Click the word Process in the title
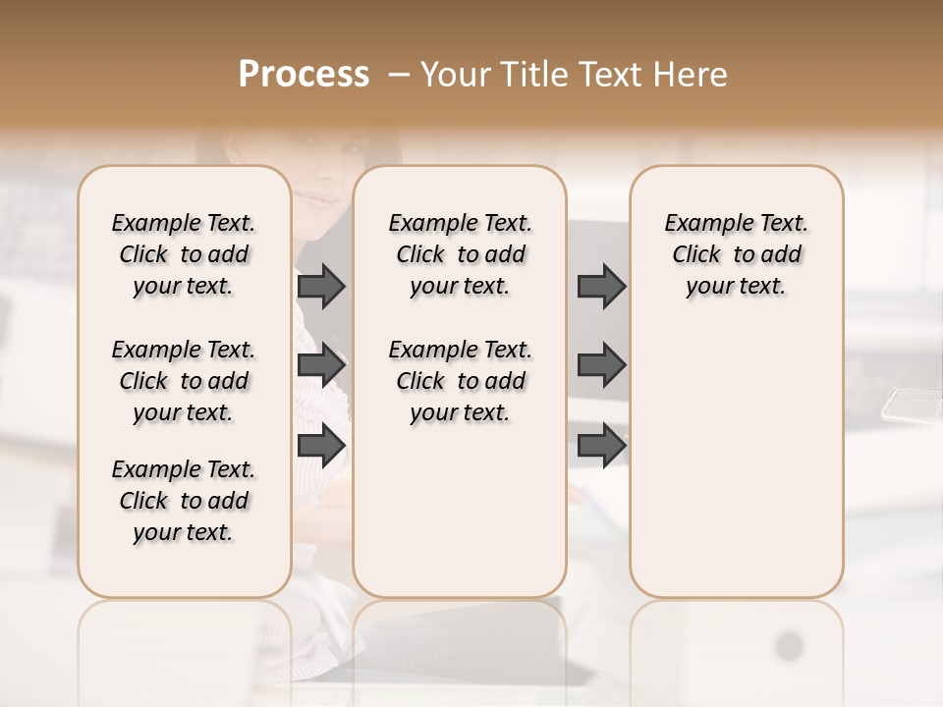click(304, 75)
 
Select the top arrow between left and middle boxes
click(321, 286)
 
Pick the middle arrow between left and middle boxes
click(321, 365)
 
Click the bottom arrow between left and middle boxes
click(321, 445)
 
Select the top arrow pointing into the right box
click(601, 286)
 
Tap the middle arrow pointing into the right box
click(601, 365)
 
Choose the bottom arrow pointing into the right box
click(601, 445)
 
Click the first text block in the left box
click(184, 254)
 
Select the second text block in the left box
click(184, 381)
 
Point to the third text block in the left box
click(184, 501)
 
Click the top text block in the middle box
click(460, 254)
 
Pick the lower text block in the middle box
click(460, 381)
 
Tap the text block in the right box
click(736, 254)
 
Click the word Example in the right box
click(701, 224)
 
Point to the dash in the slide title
click(399, 75)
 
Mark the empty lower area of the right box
click(736, 462)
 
